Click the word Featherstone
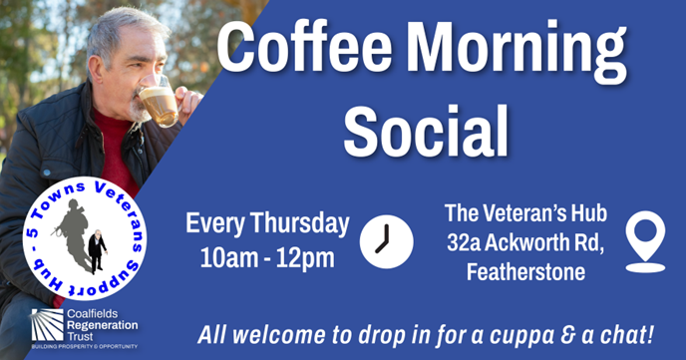pyautogui.click(x=525, y=272)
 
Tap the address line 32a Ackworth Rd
pyautogui.click(x=525, y=243)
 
